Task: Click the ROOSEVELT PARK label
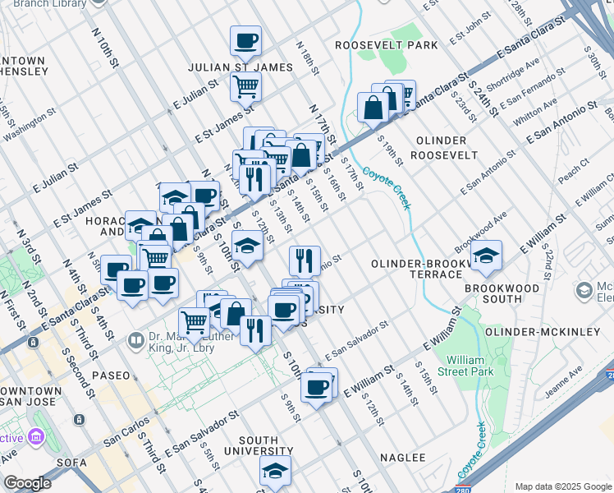387,45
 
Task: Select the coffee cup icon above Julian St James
245,40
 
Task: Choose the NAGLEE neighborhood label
402,457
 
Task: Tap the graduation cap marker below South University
275,470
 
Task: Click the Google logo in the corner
27,483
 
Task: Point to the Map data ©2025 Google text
563,486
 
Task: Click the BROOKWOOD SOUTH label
502,288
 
